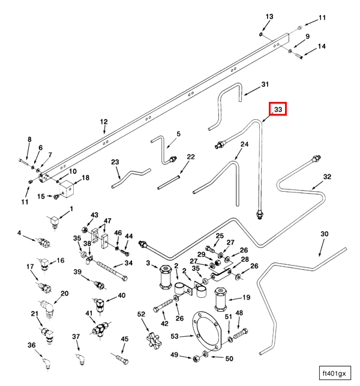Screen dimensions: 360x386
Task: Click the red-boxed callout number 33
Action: click(278, 109)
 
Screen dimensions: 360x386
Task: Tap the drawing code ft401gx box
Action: click(335, 373)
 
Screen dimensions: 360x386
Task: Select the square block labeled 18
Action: click(67, 189)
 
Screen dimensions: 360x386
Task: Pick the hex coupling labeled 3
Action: click(166, 277)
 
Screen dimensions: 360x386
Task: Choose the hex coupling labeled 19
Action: click(221, 299)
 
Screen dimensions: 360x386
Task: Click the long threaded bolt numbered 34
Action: click(112, 271)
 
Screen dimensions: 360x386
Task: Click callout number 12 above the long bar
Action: click(104, 122)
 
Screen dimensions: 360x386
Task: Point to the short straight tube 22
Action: click(169, 182)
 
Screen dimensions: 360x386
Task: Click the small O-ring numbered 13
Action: click(260, 34)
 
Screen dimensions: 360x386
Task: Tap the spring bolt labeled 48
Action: click(241, 334)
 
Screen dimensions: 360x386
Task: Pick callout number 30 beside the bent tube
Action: click(324, 234)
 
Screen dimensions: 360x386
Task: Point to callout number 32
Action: click(327, 176)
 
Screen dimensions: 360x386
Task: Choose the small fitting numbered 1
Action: click(54, 221)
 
